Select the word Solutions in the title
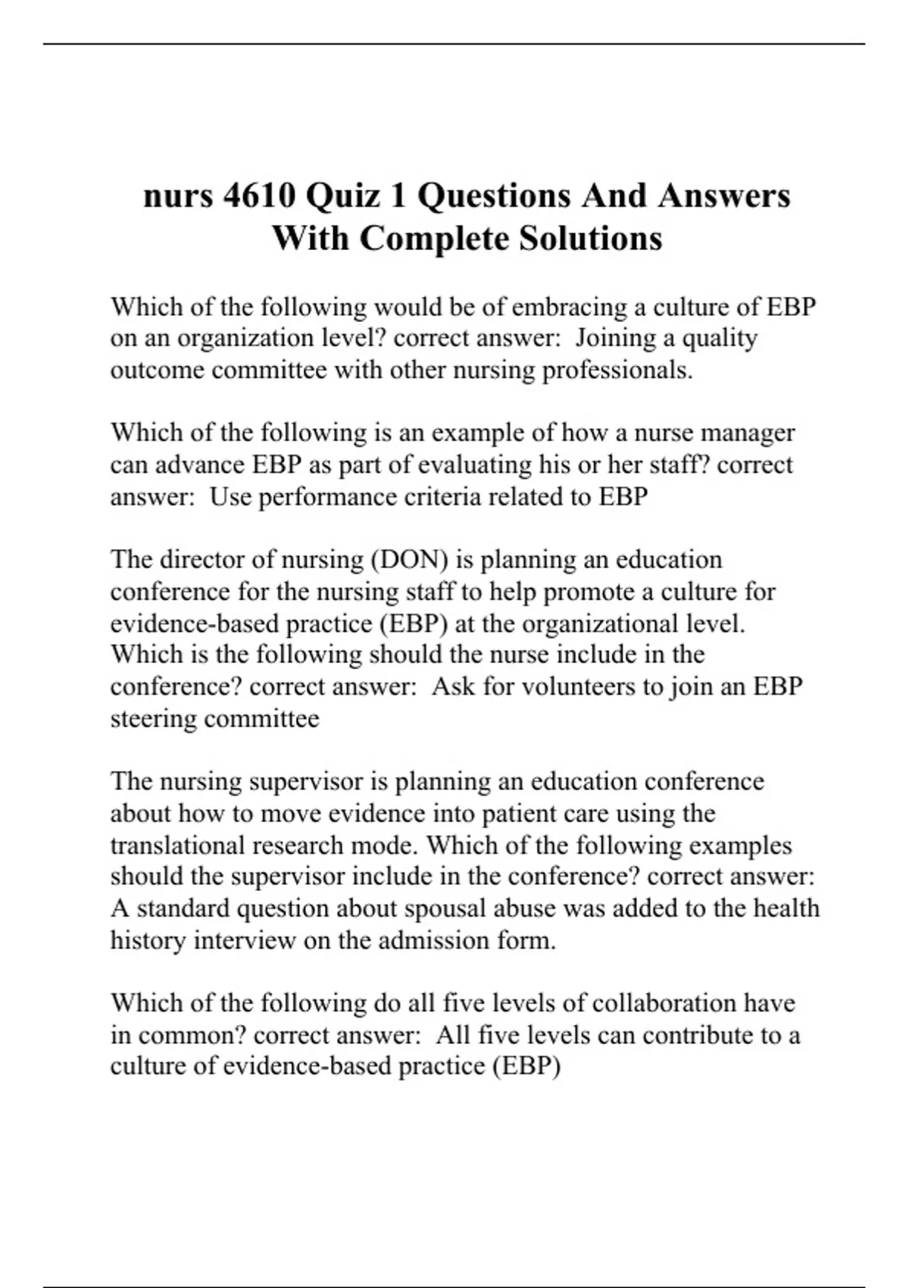591,238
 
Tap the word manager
748,433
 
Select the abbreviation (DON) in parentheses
409,559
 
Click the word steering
154,718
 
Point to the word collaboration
663,1003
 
